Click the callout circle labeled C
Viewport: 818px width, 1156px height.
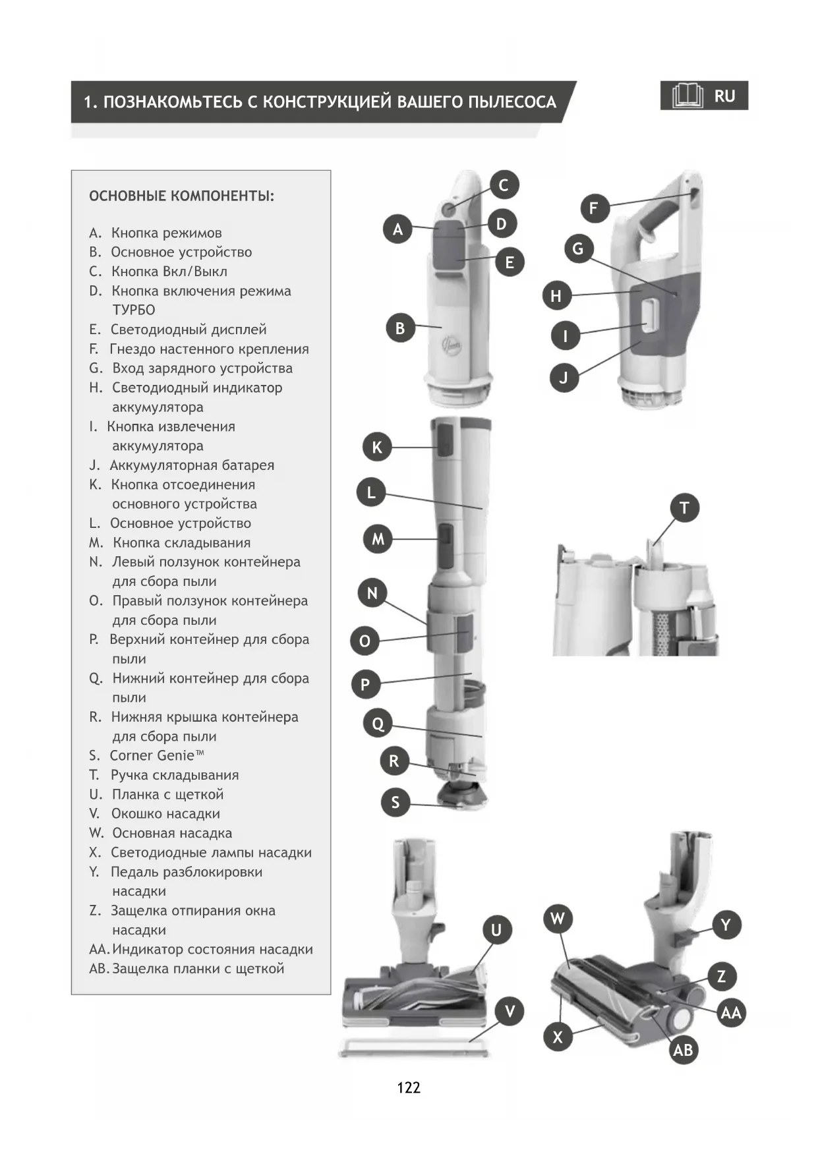click(504, 185)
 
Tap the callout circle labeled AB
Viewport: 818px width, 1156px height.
click(683, 1050)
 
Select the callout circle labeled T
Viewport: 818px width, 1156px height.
click(684, 508)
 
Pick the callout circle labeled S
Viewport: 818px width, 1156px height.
click(395, 802)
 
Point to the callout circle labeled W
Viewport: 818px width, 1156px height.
click(558, 919)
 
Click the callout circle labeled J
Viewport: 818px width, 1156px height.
click(564, 378)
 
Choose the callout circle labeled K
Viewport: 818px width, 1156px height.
click(377, 448)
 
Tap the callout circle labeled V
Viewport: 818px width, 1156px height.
click(510, 1012)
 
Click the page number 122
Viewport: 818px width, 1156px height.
click(409, 1087)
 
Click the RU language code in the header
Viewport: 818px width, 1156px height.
click(724, 96)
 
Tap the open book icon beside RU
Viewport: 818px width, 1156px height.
click(687, 96)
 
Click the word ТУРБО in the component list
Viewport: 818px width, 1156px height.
click(134, 310)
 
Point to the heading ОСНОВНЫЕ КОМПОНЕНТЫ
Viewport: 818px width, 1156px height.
click(181, 196)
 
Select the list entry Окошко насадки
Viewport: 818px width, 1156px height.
click(165, 813)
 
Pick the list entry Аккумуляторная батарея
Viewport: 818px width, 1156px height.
click(192, 465)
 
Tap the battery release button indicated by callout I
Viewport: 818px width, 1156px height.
click(650, 314)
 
